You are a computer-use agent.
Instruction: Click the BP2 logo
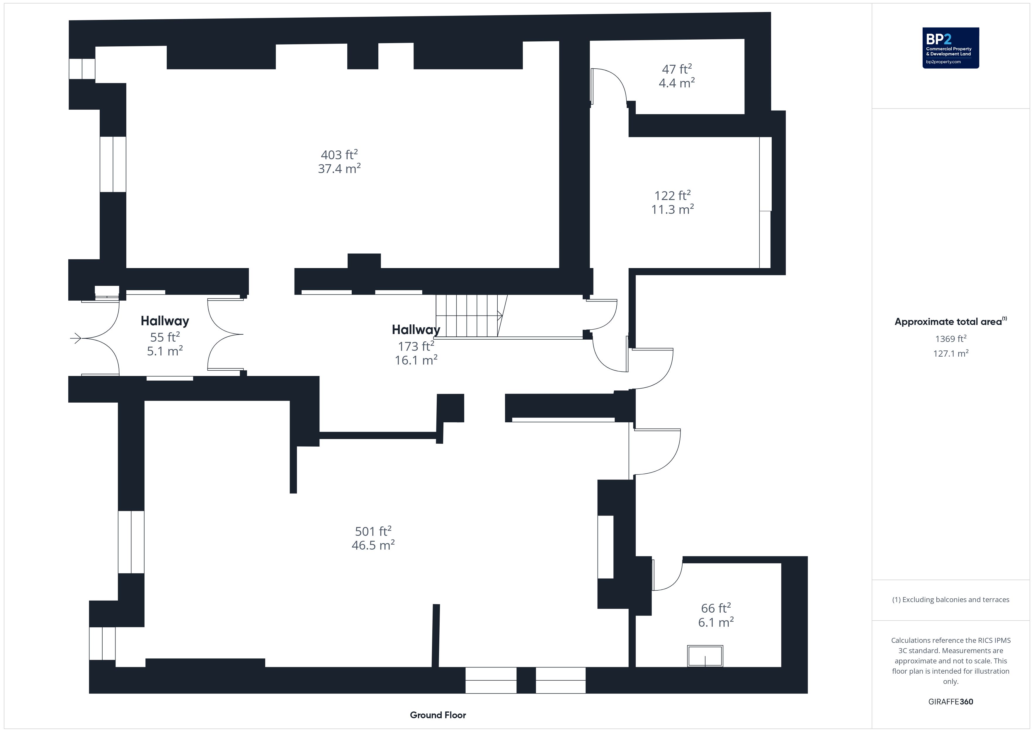951,48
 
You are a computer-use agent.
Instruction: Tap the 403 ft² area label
339,155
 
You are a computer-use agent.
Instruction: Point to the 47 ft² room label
676,69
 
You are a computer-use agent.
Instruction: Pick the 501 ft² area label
373,531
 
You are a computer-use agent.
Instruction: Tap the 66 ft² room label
716,608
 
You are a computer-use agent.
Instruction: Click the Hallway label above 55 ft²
165,321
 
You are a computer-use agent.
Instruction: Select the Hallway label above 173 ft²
416,330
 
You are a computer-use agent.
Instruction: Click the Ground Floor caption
438,715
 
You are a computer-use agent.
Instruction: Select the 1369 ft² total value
951,338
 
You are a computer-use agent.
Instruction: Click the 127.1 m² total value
951,353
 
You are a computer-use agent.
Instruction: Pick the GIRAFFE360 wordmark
951,702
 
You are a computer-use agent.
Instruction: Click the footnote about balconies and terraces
951,599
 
